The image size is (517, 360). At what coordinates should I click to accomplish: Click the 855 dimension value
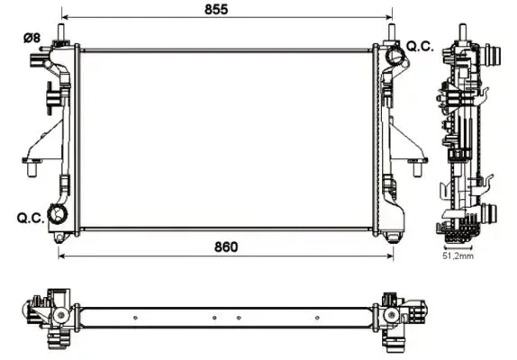[x=216, y=9]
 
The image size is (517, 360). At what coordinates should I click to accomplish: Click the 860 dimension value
[x=226, y=247]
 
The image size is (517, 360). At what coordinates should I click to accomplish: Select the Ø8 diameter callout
[x=32, y=38]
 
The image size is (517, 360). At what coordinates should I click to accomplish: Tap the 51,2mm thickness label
[x=458, y=256]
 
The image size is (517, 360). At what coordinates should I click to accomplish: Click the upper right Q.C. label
[x=420, y=47]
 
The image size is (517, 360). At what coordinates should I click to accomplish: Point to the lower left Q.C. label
[x=31, y=218]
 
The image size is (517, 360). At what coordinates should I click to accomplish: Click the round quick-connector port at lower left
[x=58, y=214]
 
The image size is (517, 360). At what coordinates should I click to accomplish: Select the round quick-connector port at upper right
[x=395, y=55]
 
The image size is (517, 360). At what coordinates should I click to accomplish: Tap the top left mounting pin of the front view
[x=61, y=32]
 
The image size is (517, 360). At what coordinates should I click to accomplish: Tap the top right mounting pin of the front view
[x=392, y=32]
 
